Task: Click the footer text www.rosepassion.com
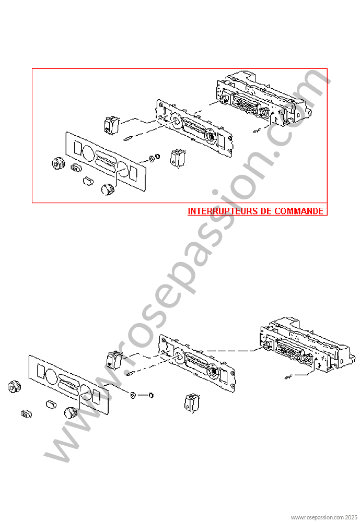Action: [x=313, y=517]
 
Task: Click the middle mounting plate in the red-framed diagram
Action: [x=194, y=128]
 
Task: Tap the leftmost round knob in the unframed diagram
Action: [x=14, y=387]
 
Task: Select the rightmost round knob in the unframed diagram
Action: [x=69, y=413]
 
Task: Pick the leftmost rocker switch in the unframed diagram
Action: [x=114, y=359]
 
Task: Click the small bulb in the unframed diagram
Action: [x=131, y=373]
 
